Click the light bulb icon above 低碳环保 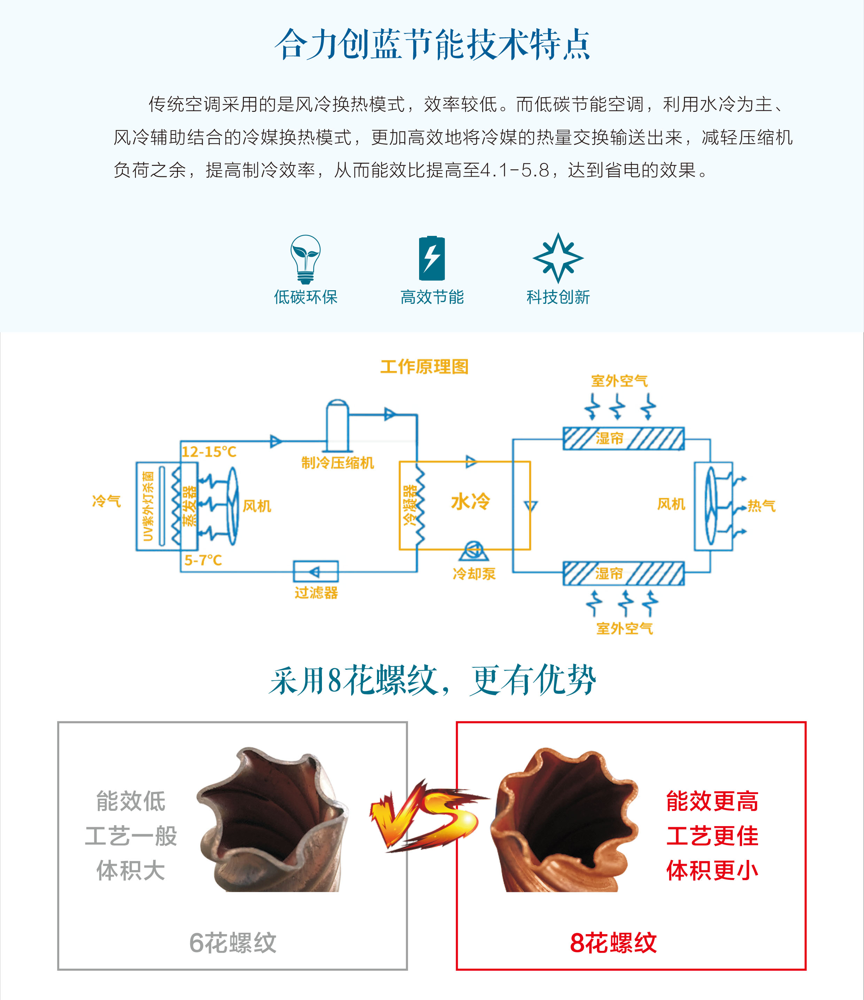click(x=305, y=258)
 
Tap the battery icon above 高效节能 click(x=432, y=258)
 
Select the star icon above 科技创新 click(x=558, y=258)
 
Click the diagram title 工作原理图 click(x=424, y=367)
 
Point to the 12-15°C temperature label click(x=209, y=452)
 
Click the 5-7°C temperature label click(x=203, y=560)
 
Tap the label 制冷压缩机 click(x=337, y=463)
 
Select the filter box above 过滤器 click(x=316, y=572)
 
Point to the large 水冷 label click(x=470, y=502)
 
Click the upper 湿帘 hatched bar click(x=623, y=439)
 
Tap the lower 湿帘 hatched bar click(x=623, y=574)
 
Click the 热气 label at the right click(x=761, y=506)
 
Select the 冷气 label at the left click(x=106, y=501)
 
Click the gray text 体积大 click(x=131, y=871)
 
